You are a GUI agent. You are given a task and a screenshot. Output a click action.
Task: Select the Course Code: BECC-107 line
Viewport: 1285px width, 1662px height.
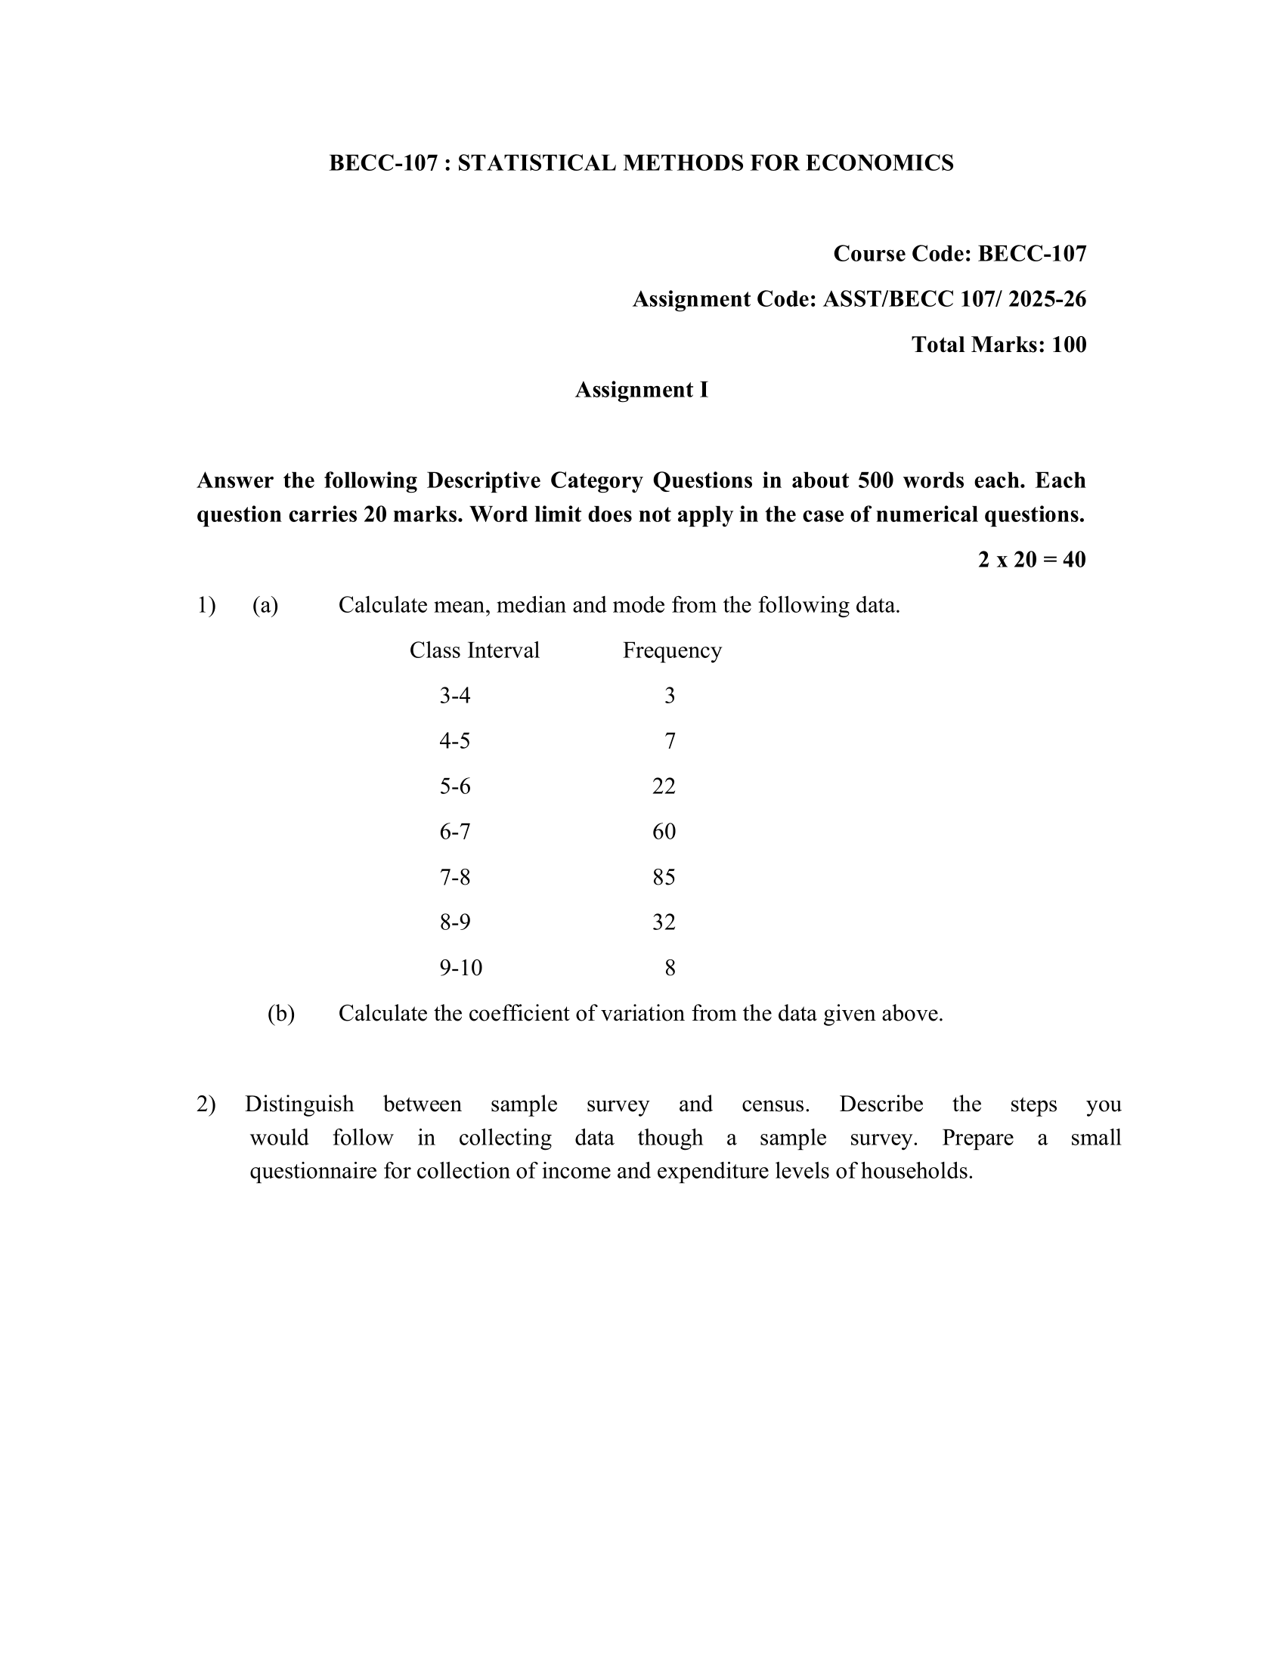click(x=959, y=253)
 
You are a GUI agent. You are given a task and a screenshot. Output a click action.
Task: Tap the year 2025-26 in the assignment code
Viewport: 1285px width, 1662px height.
click(x=1047, y=299)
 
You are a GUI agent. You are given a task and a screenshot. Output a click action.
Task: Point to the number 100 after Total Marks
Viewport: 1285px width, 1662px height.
click(x=1069, y=344)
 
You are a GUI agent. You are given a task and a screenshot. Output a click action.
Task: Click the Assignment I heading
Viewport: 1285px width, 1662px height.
click(x=641, y=390)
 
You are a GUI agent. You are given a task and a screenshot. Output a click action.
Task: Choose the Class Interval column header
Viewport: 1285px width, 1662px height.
click(x=474, y=650)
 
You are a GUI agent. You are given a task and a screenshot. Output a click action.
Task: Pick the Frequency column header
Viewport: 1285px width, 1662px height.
click(x=671, y=650)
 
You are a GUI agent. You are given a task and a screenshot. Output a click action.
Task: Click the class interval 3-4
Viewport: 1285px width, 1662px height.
click(x=454, y=696)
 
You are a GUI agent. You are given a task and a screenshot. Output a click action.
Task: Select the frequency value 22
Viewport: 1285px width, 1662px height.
click(x=664, y=786)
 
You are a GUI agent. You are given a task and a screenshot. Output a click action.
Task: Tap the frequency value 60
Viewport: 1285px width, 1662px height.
click(x=664, y=831)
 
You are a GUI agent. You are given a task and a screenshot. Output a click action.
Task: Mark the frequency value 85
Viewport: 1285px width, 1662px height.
click(x=664, y=877)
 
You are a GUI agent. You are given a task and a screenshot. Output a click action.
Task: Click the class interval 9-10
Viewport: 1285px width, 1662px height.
click(x=460, y=968)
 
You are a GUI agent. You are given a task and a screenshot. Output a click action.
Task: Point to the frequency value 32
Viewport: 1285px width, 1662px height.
click(x=664, y=922)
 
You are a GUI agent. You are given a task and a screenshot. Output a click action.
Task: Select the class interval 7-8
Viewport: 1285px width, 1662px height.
click(x=454, y=877)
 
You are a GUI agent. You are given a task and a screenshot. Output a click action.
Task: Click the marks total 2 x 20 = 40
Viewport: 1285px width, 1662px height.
click(x=1032, y=560)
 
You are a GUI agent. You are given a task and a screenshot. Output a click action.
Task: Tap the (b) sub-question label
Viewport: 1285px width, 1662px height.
click(x=281, y=1014)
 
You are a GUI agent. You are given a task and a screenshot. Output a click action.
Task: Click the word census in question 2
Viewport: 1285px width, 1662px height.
click(x=774, y=1104)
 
